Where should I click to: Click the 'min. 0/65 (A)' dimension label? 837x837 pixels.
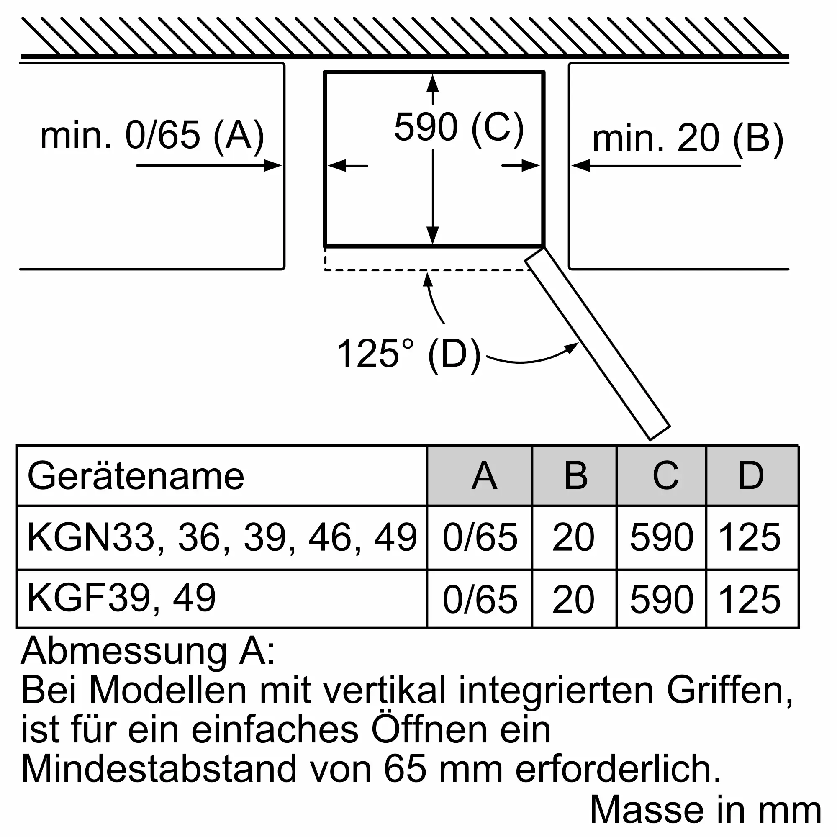pyautogui.click(x=151, y=136)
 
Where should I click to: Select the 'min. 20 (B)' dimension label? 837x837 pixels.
pyautogui.click(x=688, y=139)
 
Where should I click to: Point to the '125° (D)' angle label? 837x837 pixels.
pyautogui.click(x=408, y=354)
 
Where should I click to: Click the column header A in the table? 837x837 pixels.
pyautogui.click(x=484, y=476)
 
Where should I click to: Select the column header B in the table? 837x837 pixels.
pyautogui.click(x=575, y=476)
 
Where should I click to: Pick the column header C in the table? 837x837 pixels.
pyautogui.click(x=665, y=476)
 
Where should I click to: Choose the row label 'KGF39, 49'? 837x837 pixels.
pyautogui.click(x=121, y=598)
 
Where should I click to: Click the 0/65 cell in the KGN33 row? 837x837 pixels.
pyautogui.click(x=480, y=538)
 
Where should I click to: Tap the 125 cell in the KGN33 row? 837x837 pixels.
pyautogui.click(x=750, y=538)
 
